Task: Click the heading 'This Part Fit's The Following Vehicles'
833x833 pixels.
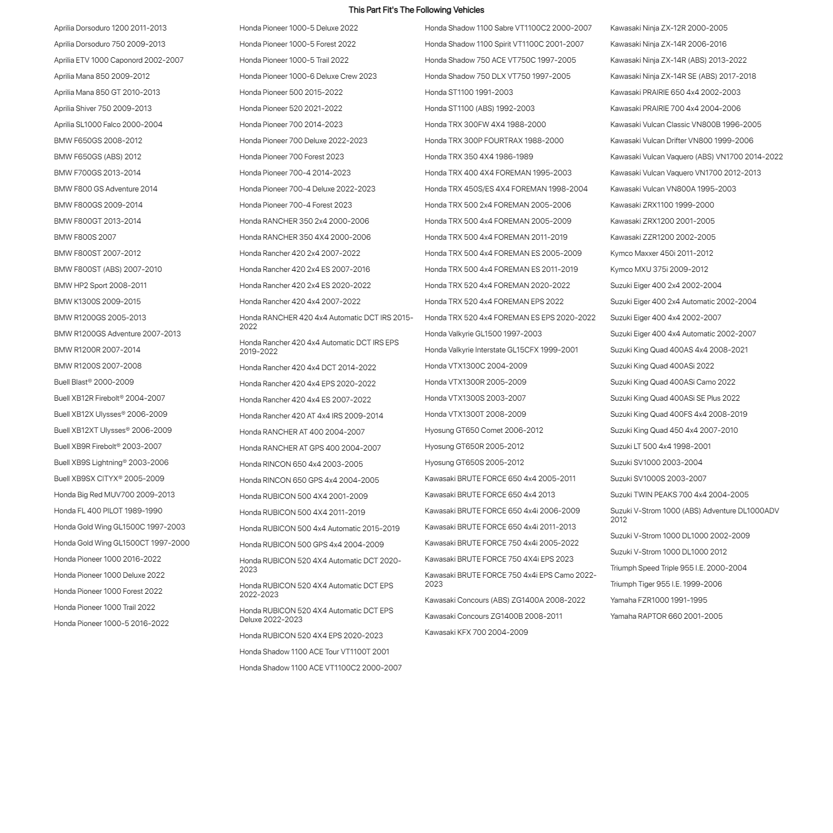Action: pyautogui.click(x=416, y=10)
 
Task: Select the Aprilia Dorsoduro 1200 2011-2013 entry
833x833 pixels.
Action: pyautogui.click(x=110, y=28)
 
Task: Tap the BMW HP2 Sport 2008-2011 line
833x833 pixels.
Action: pyautogui.click(x=100, y=285)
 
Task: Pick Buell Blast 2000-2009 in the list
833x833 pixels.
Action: pyautogui.click(x=94, y=382)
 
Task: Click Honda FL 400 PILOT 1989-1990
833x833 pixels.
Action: pyautogui.click(x=108, y=511)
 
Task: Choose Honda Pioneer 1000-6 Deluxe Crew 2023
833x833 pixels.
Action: pyautogui.click(x=308, y=76)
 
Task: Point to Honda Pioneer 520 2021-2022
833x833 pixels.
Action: pyautogui.click(x=291, y=108)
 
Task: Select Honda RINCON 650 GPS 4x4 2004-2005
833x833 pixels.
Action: pyautogui.click(x=309, y=480)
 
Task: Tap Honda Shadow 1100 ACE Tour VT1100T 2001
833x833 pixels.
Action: pyautogui.click(x=314, y=652)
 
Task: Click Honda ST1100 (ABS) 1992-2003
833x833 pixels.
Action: pyautogui.click(x=479, y=108)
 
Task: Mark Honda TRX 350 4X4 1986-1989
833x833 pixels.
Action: pyautogui.click(x=479, y=156)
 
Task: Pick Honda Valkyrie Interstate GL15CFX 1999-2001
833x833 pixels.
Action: pyautogui.click(x=501, y=350)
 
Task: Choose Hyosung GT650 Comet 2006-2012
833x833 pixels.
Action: pyautogui.click(x=484, y=430)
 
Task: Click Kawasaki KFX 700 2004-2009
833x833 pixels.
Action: pyautogui.click(x=476, y=632)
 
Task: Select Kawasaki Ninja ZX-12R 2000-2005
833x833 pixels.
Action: pyautogui.click(x=669, y=28)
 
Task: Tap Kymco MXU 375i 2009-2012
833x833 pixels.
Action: pyautogui.click(x=659, y=269)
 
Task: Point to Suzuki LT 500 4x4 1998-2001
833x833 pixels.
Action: pyautogui.click(x=660, y=446)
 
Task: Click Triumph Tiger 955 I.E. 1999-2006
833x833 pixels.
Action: pyautogui.click(x=666, y=584)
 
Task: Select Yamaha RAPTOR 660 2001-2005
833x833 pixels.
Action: pyautogui.click(x=667, y=616)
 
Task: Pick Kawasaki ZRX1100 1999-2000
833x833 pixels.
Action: pyautogui.click(x=662, y=205)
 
